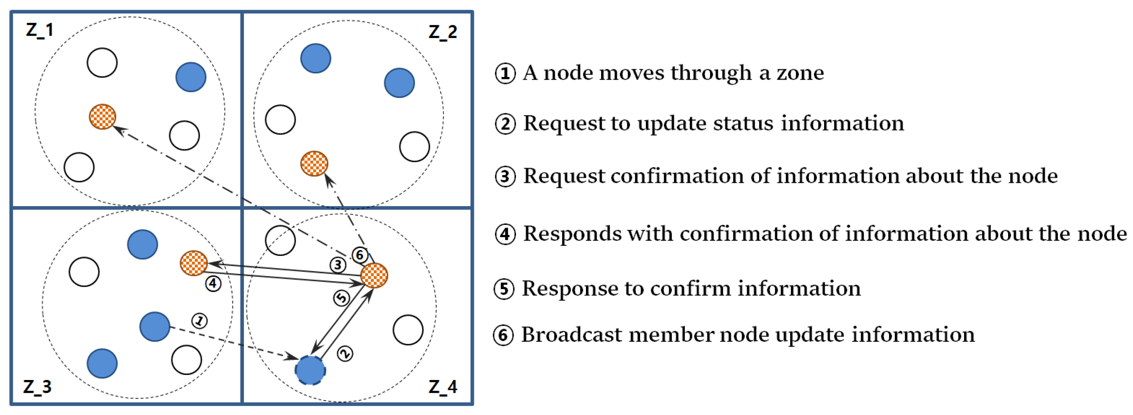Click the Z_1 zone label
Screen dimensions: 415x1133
click(40, 30)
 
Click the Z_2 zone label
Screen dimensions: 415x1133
click(442, 32)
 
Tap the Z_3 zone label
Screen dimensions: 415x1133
click(37, 387)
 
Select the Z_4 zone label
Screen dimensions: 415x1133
click(442, 387)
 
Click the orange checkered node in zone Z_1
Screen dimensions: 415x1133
click(102, 117)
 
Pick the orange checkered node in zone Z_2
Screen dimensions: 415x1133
click(314, 163)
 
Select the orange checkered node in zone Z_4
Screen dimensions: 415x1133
click(374, 275)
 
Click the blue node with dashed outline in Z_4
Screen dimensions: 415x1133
click(310, 370)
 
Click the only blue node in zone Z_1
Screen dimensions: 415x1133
click(191, 77)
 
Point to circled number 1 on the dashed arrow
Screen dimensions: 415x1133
click(200, 320)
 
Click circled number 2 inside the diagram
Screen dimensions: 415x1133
click(345, 354)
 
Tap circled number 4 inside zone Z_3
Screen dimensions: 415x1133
click(213, 284)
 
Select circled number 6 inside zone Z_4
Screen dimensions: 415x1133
click(360, 254)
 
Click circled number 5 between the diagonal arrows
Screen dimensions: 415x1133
click(341, 298)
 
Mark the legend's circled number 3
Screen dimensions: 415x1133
click(505, 177)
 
